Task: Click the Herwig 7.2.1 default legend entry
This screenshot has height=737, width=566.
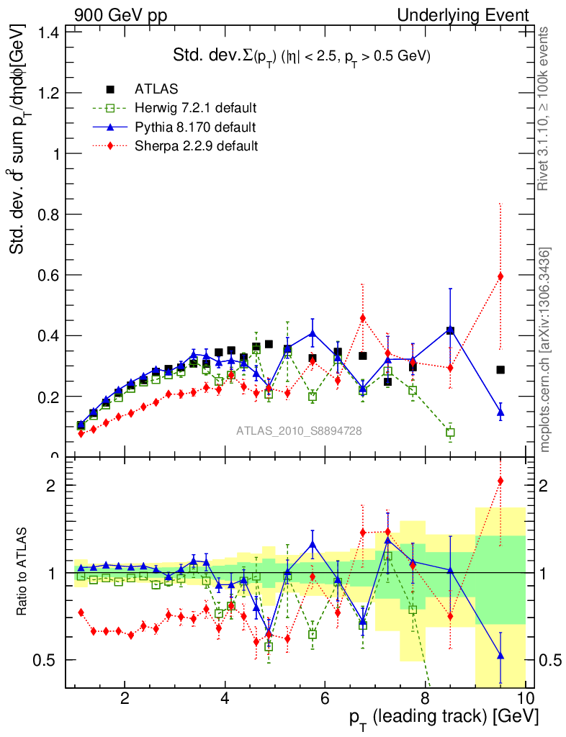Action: (x=195, y=108)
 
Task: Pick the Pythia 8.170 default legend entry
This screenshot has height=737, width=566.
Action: (x=194, y=127)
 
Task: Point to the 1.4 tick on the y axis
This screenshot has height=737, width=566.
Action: (x=48, y=32)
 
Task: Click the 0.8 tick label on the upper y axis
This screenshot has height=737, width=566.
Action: (x=48, y=214)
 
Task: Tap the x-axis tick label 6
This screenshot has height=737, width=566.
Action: (x=325, y=698)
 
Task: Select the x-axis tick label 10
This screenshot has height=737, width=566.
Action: (x=524, y=698)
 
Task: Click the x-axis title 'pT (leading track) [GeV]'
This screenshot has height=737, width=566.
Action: (x=444, y=718)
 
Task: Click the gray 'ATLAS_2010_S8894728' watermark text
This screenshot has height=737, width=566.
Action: (x=299, y=431)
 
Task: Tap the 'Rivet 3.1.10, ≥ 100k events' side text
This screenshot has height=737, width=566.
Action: (x=545, y=109)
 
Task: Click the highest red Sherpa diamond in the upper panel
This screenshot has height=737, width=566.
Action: (x=500, y=276)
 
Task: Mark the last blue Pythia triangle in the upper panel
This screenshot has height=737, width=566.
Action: (x=500, y=413)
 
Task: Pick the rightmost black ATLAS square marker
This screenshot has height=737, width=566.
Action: (x=500, y=370)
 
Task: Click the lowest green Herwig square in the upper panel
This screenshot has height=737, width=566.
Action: (x=450, y=433)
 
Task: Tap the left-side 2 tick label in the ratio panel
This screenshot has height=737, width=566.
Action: (x=48, y=485)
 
